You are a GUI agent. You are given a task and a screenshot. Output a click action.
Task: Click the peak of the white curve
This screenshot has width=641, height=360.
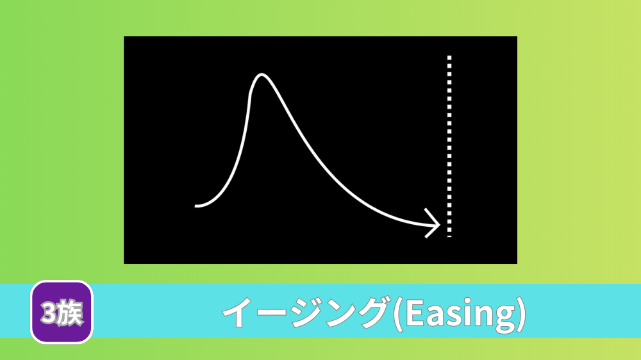262,74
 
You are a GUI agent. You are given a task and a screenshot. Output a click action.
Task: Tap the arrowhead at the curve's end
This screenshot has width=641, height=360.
433,223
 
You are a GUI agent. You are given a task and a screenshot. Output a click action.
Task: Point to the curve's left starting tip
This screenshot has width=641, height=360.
196,206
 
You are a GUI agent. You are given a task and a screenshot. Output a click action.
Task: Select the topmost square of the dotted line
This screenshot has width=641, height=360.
449,58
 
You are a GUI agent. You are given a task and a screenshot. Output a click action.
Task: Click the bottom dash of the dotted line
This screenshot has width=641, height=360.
449,236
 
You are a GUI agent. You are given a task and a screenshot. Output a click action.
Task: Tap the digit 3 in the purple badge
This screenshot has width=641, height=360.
48,313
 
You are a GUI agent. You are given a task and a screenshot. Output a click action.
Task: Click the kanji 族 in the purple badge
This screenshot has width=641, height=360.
70,313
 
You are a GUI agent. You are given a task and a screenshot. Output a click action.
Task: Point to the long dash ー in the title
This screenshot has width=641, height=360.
271,313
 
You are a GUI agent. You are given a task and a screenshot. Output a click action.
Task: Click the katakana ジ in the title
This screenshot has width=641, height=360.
306,313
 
